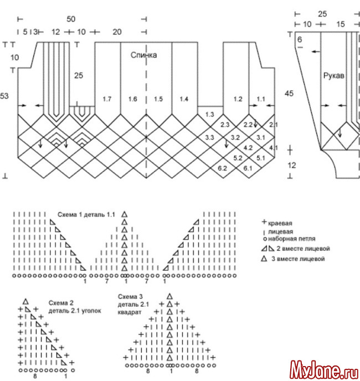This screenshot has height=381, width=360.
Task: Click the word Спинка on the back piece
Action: (143, 55)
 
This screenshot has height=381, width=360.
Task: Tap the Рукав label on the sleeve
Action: (334, 76)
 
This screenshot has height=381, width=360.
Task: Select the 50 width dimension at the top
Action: (71, 19)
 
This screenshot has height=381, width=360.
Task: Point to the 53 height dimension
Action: (4, 96)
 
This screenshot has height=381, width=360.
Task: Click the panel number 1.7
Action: (107, 99)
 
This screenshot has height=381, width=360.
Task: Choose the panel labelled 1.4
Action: (184, 99)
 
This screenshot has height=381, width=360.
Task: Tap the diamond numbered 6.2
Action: (222, 168)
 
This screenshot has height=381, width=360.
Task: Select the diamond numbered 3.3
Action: (209, 137)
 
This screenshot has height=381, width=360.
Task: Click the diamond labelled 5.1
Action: (260, 158)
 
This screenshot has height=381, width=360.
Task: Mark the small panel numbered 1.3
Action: (209, 115)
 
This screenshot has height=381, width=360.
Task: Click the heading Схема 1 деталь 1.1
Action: (86, 215)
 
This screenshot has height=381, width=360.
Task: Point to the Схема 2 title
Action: (61, 303)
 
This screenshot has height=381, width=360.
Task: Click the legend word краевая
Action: (280, 223)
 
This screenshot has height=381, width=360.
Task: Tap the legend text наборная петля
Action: (292, 239)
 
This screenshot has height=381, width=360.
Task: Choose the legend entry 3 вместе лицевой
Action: (298, 259)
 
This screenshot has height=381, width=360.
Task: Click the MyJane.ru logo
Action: (325, 370)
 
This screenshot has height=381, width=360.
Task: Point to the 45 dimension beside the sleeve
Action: (289, 94)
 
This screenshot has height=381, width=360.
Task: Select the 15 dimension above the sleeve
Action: (341, 24)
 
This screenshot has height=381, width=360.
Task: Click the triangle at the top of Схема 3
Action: (169, 296)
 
